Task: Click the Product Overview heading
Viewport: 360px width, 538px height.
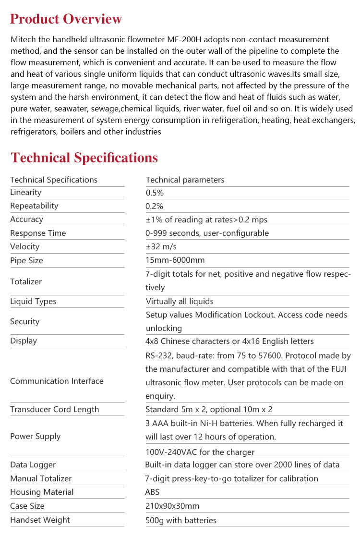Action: coord(66,19)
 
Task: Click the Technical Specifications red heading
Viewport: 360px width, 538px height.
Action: coord(84,158)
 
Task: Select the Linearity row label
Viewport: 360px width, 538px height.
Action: coord(26,193)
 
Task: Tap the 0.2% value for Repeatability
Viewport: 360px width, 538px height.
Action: coord(155,206)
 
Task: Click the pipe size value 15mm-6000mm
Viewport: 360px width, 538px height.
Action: coord(175,260)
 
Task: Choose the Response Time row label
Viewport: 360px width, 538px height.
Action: coord(38,233)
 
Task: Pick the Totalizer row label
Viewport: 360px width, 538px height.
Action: coord(26,282)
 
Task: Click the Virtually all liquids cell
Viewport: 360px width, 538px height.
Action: coord(180,302)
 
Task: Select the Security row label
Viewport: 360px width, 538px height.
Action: coord(25,322)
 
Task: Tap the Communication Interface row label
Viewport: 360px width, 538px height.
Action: coord(57,381)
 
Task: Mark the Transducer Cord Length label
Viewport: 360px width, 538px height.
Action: coord(55,410)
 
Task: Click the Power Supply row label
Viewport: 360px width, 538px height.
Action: coord(36,437)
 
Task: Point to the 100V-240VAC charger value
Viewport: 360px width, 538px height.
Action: coord(200,452)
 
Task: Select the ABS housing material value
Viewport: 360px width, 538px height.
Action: coord(153,492)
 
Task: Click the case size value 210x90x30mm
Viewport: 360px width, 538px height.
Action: coord(172,506)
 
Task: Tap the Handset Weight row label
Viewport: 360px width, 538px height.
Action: coord(40,520)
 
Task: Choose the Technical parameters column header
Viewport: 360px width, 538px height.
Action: coord(185,180)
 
